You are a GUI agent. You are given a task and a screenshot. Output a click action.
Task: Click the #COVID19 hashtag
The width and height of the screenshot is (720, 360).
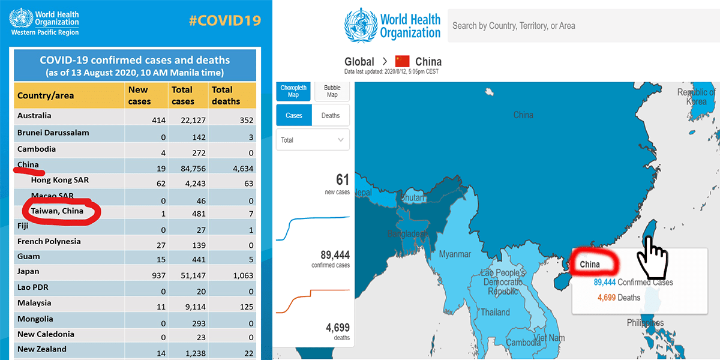click(x=224, y=20)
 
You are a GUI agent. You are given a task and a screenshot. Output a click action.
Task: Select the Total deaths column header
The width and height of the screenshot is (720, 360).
click(x=226, y=95)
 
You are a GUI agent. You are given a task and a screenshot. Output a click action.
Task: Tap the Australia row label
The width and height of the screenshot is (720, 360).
click(x=34, y=116)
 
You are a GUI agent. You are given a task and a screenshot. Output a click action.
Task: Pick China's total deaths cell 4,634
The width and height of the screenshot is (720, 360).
click(x=226, y=169)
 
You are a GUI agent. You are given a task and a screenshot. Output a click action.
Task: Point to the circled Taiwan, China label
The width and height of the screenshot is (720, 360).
click(x=58, y=211)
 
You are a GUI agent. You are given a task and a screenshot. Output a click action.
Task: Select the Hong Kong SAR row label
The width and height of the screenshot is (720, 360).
click(x=60, y=180)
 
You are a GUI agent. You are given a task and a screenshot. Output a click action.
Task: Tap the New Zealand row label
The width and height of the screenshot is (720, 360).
click(x=42, y=349)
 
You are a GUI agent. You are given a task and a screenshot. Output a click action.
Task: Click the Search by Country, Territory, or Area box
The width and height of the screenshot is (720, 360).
click(x=582, y=26)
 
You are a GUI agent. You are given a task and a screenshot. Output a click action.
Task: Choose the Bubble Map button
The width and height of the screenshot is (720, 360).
click(x=332, y=91)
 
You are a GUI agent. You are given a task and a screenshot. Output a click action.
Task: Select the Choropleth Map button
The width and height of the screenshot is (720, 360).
click(x=293, y=91)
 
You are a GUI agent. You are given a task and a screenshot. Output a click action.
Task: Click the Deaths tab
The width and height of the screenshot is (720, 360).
click(x=331, y=115)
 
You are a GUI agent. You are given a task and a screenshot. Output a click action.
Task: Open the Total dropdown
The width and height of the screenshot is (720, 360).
click(x=313, y=140)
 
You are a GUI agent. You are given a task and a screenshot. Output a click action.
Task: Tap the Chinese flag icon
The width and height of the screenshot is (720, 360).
click(x=402, y=61)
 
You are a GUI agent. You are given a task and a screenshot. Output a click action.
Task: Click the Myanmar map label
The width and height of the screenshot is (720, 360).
click(x=455, y=254)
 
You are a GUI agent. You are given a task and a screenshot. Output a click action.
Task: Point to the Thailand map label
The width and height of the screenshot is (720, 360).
click(x=495, y=312)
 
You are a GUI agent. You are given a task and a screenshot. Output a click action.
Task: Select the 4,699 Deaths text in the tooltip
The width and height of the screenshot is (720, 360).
click(x=619, y=298)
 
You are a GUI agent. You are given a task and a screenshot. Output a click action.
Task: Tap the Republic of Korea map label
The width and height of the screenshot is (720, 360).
click(x=696, y=97)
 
